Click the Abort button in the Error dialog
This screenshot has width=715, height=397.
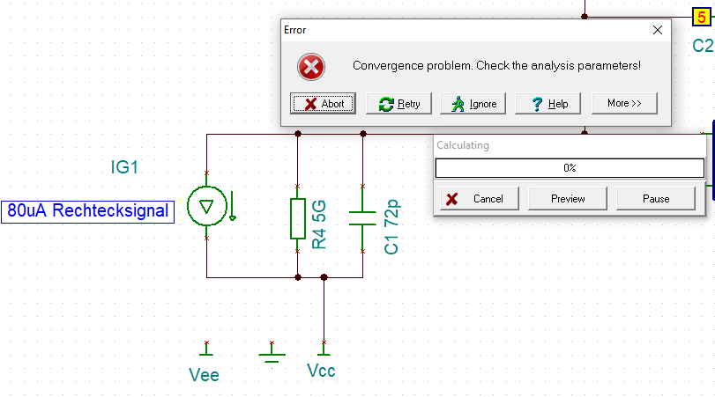[323, 104]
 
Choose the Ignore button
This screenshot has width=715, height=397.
[473, 104]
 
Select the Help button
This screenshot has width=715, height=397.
[548, 104]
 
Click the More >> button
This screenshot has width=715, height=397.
[624, 103]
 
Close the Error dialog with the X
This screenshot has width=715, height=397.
[657, 30]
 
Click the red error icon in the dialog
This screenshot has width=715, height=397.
[311, 66]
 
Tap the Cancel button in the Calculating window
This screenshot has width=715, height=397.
[476, 199]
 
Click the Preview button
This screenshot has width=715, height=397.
[568, 199]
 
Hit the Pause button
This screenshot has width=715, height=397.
[656, 199]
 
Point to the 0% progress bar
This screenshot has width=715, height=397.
[570, 167]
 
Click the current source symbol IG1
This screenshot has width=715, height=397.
[206, 207]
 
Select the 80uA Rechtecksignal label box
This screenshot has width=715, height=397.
[86, 210]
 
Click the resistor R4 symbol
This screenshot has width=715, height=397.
[298, 218]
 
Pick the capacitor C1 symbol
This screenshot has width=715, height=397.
[362, 218]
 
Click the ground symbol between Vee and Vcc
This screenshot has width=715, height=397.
[272, 355]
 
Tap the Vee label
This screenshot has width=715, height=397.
[204, 375]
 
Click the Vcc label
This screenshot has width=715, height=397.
[321, 371]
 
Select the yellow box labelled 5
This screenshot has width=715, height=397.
[702, 14]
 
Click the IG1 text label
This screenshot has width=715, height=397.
[124, 166]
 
